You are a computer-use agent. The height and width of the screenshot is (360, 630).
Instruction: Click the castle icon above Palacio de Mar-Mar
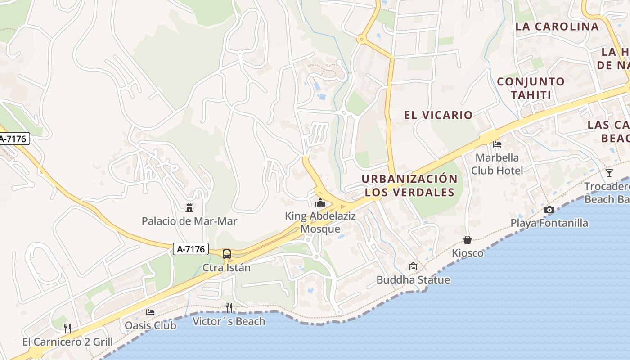189,208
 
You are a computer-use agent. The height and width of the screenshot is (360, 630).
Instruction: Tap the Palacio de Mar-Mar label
189,221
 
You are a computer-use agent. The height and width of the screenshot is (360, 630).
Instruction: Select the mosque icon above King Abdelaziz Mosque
320,202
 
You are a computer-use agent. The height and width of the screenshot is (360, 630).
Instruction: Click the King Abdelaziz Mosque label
320,222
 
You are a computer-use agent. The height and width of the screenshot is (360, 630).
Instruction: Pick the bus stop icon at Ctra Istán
227,254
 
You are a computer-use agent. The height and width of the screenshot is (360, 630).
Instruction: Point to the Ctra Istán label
226,268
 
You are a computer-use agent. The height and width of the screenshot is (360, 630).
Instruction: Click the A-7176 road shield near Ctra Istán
191,249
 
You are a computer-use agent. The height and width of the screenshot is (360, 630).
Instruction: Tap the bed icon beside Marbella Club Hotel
497,144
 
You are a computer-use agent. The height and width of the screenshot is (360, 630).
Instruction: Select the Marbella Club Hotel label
497,164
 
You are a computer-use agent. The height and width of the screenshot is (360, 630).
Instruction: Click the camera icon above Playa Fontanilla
549,210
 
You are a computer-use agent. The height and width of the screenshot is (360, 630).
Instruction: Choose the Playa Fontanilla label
549,223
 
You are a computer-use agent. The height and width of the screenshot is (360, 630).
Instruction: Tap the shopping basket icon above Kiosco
468,240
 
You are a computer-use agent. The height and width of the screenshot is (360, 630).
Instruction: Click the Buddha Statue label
413,280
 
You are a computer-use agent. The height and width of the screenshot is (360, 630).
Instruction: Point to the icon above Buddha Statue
413,266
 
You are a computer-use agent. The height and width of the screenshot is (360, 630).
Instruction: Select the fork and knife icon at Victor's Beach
229,308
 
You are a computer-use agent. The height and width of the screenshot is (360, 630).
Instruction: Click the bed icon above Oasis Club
150,312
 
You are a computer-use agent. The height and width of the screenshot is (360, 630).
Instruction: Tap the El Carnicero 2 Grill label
67,342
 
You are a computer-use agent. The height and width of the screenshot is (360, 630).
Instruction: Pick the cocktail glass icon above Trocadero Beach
609,173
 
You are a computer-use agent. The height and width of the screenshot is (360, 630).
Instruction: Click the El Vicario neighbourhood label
438,115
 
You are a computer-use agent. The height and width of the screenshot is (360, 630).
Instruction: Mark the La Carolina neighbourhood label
557,26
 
